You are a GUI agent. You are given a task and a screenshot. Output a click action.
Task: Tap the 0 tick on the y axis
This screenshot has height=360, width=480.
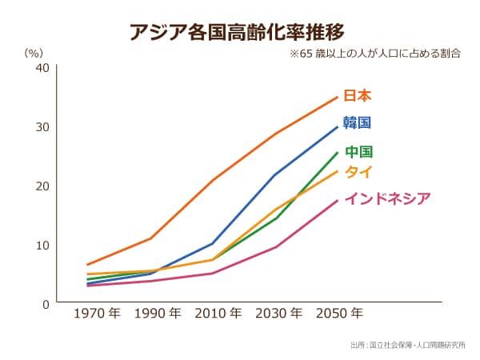click(x=46, y=304)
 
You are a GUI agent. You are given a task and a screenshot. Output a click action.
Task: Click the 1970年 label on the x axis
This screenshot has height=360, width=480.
click(x=97, y=314)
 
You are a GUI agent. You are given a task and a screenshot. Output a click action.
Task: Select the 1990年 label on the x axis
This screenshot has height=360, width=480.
click(x=158, y=314)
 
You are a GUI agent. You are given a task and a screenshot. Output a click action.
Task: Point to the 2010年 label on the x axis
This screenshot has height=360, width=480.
click(x=218, y=314)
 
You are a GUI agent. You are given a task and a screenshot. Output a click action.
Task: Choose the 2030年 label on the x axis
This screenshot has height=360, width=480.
click(x=279, y=314)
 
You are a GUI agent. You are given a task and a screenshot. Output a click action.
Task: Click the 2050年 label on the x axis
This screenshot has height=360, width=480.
click(x=339, y=314)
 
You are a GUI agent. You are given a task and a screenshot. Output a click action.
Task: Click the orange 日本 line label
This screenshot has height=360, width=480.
click(x=358, y=96)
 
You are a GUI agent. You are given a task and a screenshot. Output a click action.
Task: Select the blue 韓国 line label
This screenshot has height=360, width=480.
click(x=358, y=123)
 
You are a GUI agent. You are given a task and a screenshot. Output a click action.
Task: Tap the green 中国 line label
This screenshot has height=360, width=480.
click(x=359, y=152)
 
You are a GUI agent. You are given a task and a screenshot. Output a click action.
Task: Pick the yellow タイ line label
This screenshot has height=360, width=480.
click(x=358, y=172)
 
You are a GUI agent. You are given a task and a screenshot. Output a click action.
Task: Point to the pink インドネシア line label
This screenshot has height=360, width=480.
click(x=387, y=198)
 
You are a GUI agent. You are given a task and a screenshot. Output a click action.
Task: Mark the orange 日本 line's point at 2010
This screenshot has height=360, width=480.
click(x=213, y=180)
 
